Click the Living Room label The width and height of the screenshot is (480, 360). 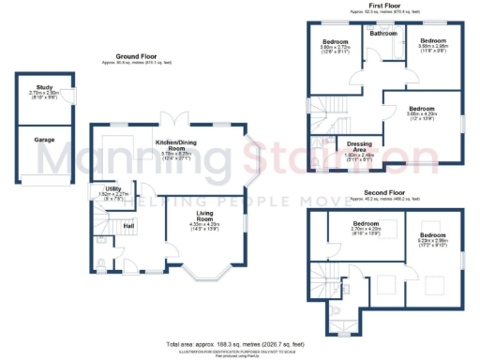[204, 217]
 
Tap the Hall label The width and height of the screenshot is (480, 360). [129, 225]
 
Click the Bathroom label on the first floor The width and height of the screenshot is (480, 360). [382, 34]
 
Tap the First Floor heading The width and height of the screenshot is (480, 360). [380, 6]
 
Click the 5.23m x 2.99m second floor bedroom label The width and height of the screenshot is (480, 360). [432, 234]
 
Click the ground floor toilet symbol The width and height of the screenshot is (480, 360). [101, 264]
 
